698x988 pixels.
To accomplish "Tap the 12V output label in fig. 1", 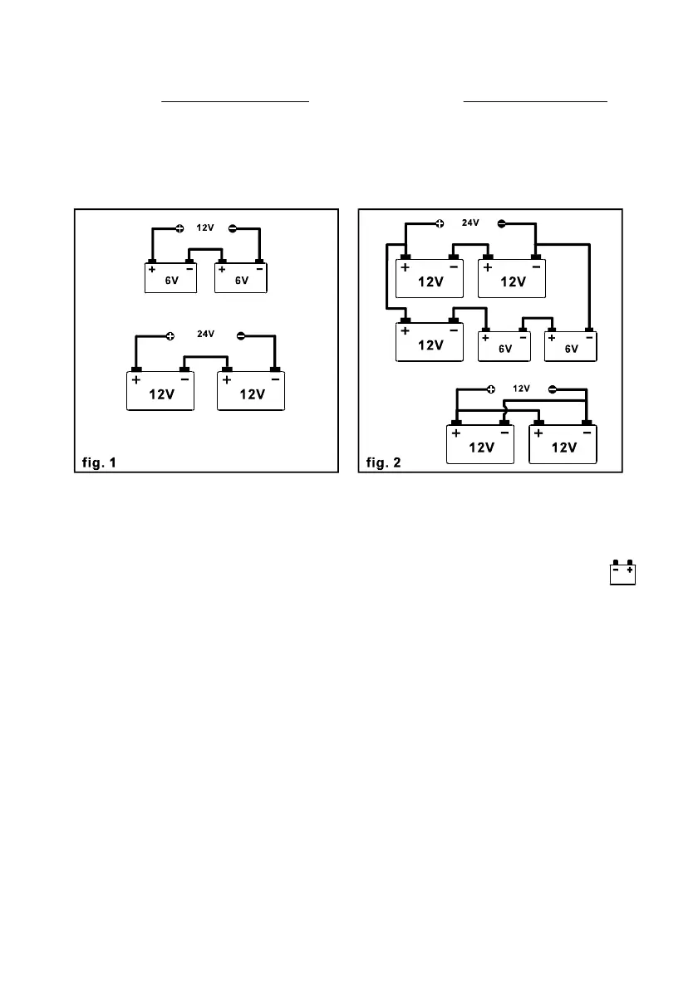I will (x=205, y=227).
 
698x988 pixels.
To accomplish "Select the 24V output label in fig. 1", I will (x=205, y=334).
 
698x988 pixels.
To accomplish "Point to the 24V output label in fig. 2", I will (x=471, y=223).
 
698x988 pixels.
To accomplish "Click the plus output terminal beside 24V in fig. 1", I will (x=170, y=335).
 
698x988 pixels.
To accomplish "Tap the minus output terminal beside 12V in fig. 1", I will (x=233, y=228).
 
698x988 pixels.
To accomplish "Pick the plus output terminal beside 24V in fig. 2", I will (x=440, y=223).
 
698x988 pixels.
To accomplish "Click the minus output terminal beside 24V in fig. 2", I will (x=501, y=223).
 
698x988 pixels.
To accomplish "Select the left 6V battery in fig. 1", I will (x=170, y=278).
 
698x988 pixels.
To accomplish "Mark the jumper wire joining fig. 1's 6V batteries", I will (x=205, y=249).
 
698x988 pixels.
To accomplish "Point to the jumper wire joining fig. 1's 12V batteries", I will (x=205, y=357).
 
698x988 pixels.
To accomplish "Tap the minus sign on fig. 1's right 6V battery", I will (x=260, y=269).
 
